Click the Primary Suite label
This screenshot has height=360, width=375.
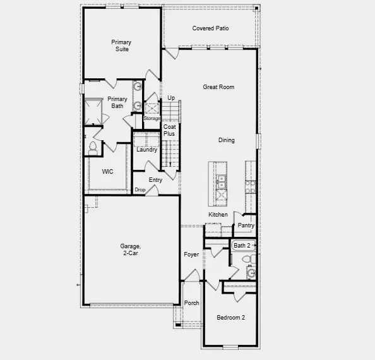(121, 45)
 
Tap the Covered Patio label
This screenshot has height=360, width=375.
(210, 29)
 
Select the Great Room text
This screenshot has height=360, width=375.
(218, 87)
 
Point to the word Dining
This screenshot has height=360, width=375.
(226, 140)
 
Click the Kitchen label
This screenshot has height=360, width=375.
(218, 215)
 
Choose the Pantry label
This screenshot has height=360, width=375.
(246, 225)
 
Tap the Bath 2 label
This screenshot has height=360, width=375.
(242, 245)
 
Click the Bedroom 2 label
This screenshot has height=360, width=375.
(230, 318)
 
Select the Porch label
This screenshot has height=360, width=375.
(191, 303)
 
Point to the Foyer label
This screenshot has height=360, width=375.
(191, 255)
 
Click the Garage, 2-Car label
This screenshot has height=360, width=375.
(129, 249)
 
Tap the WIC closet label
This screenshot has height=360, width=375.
(108, 171)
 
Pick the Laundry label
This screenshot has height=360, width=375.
(146, 150)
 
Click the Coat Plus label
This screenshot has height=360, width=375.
(169, 130)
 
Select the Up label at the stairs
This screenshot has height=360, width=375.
(171, 98)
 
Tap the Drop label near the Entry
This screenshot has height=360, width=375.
(140, 190)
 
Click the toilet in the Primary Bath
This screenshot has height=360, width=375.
(93, 147)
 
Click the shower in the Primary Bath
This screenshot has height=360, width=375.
(94, 111)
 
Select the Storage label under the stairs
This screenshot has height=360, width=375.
(152, 118)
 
